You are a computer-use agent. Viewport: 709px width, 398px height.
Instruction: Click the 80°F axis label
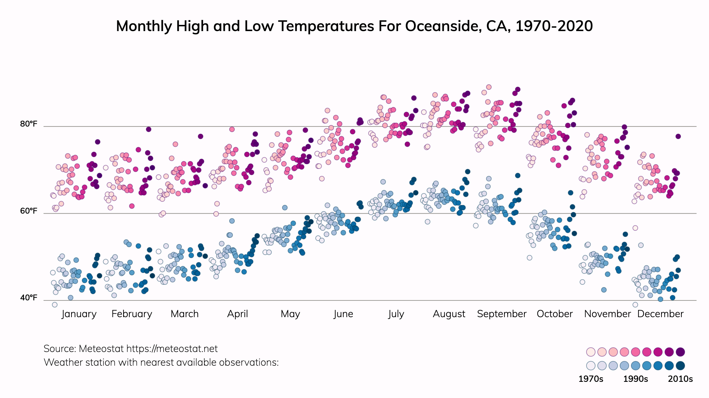(29, 124)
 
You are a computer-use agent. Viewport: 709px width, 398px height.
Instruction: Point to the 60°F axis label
(29, 211)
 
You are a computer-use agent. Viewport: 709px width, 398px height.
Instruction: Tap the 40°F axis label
(29, 298)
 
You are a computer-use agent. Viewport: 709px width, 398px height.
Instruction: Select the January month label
(79, 314)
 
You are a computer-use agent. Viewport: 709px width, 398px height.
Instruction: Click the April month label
(238, 314)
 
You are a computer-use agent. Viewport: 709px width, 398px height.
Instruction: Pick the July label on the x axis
(396, 314)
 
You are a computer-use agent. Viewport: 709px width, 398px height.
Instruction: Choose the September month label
(502, 314)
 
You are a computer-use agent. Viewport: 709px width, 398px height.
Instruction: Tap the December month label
(660, 314)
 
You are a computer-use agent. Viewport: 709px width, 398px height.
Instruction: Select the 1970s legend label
(591, 379)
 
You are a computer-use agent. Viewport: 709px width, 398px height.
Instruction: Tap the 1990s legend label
(636, 379)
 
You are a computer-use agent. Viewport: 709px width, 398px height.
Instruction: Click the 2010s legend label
(680, 379)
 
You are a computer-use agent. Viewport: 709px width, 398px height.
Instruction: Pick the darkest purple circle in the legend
(680, 352)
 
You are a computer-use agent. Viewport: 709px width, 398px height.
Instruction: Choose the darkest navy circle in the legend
(680, 366)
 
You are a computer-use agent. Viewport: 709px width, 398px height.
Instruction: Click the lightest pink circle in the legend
(591, 352)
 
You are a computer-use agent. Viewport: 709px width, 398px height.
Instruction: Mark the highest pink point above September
(489, 87)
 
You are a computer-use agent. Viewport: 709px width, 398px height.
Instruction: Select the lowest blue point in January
(55, 305)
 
